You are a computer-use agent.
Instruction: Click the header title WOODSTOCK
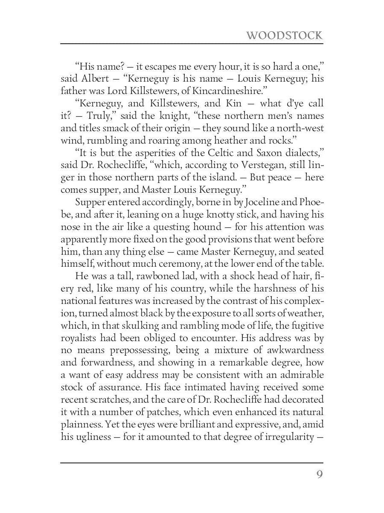click(284, 35)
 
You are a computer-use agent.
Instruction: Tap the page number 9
click(319, 475)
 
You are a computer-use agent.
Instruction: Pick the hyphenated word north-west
click(302, 128)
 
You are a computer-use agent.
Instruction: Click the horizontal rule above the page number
click(192, 462)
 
